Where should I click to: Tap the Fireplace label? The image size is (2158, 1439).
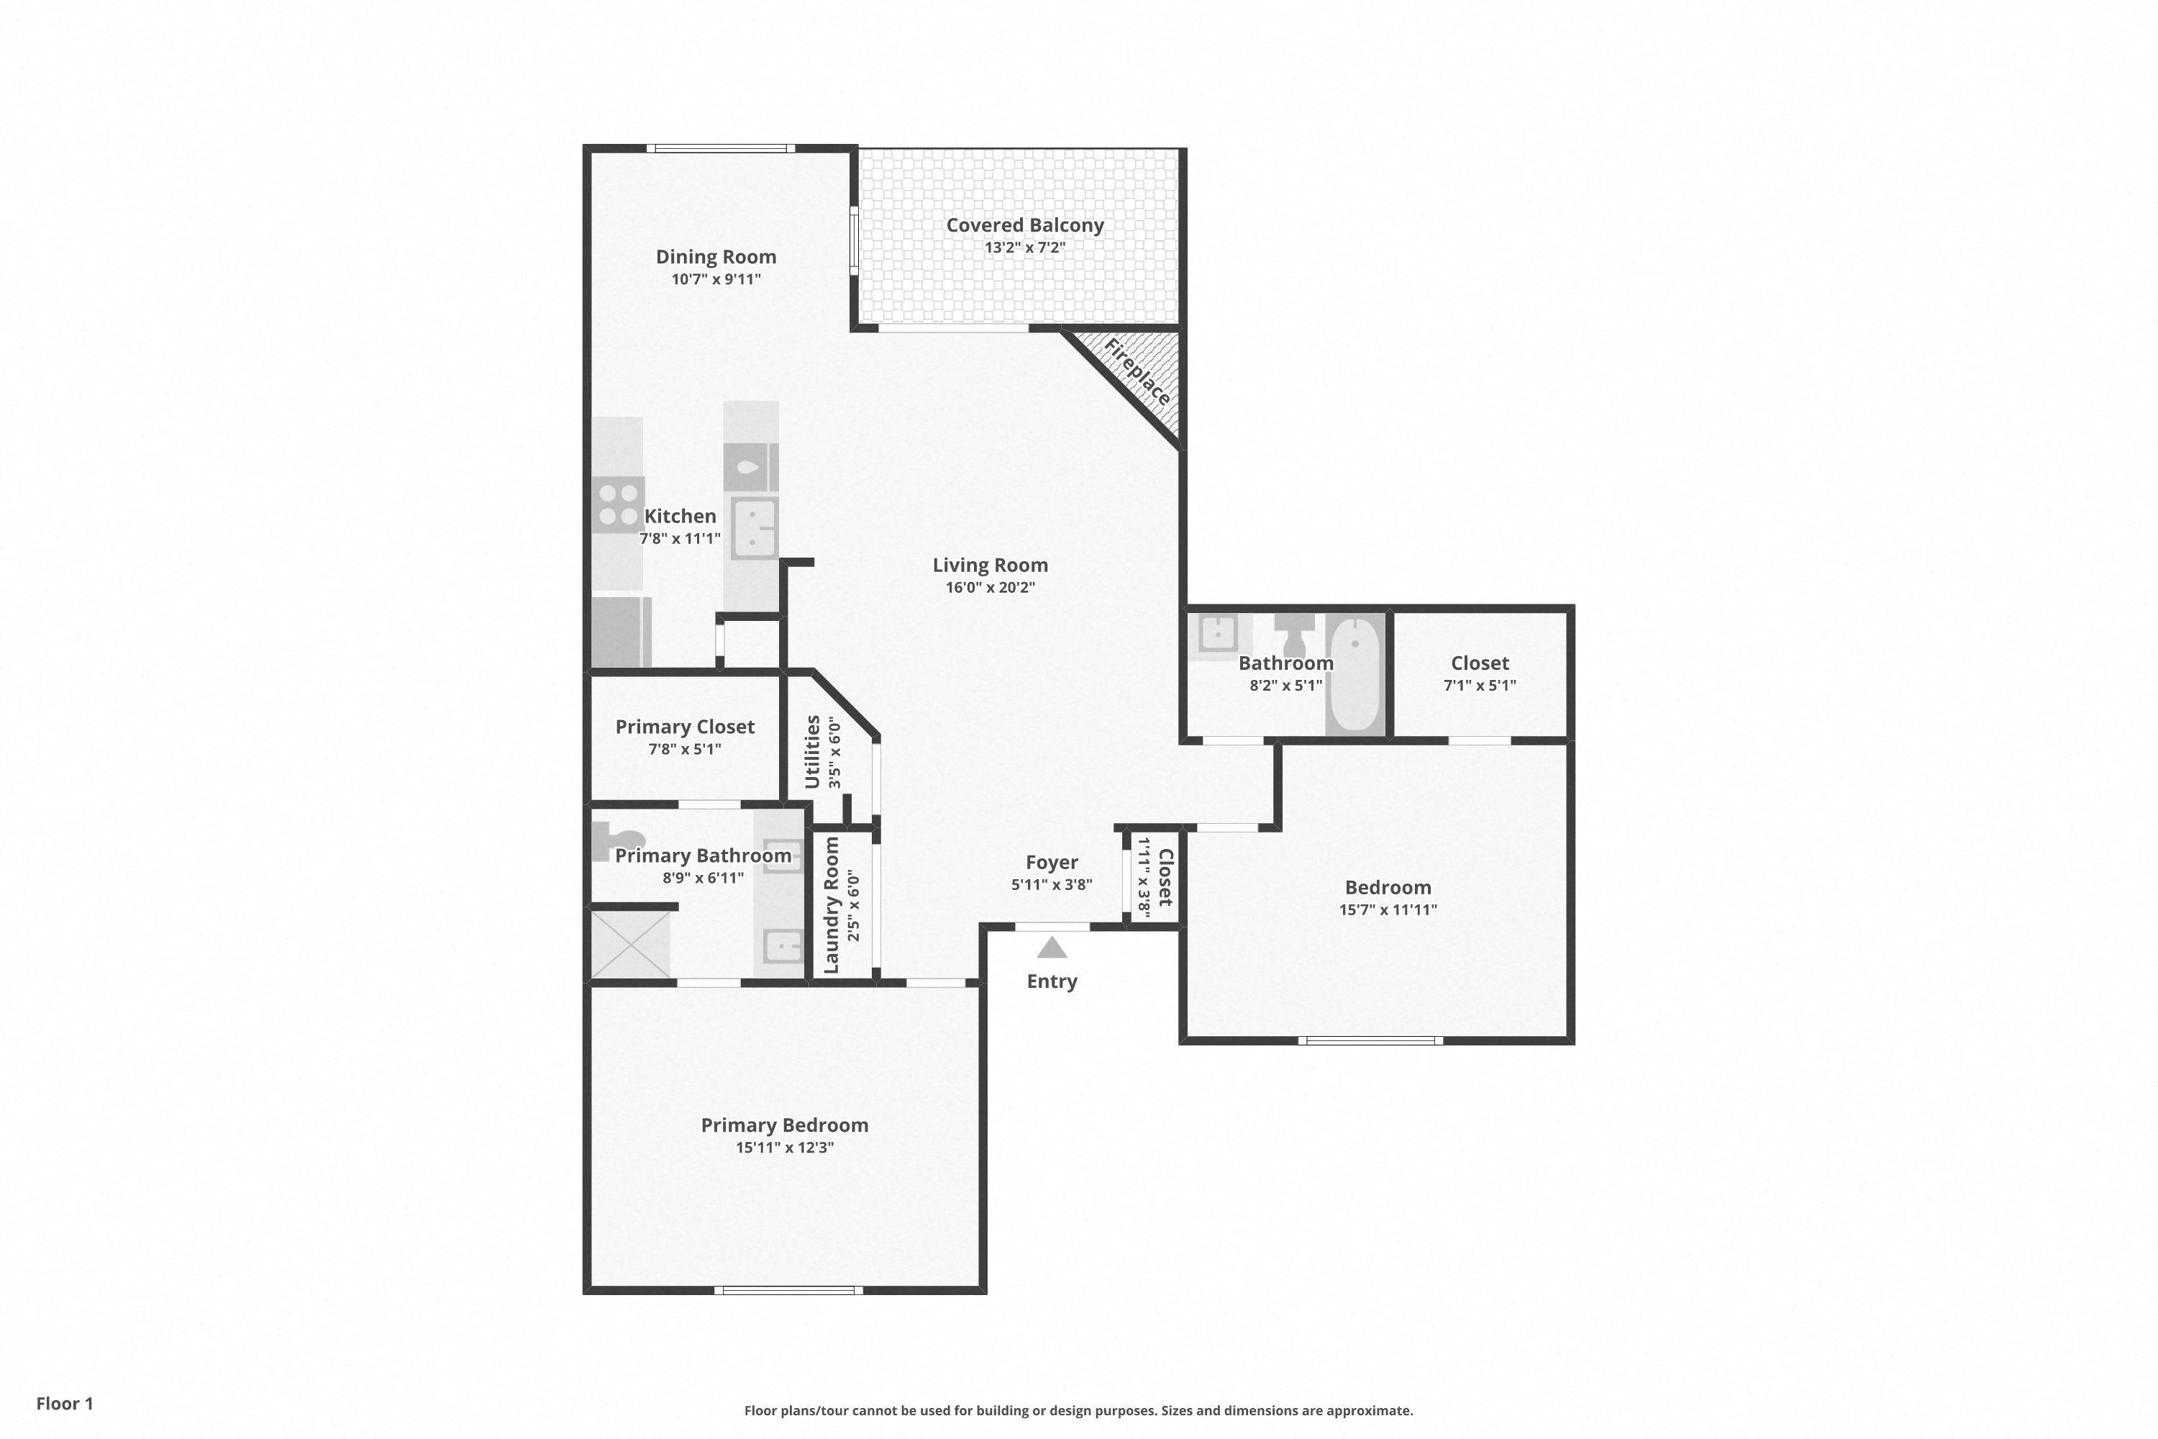tap(1138, 373)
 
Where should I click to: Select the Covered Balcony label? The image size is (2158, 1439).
tap(1025, 224)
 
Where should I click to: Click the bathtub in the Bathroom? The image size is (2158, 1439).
tap(1355, 675)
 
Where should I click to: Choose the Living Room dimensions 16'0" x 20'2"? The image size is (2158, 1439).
tap(990, 587)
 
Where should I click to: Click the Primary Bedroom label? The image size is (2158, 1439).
tap(785, 1125)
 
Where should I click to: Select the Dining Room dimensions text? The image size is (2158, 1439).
tap(716, 279)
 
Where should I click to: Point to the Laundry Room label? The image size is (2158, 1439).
tap(832, 905)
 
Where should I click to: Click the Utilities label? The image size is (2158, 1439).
tap(812, 752)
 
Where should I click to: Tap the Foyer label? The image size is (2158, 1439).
tap(1052, 863)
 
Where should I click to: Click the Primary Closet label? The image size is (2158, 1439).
tap(685, 727)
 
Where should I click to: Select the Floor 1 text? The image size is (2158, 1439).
tap(65, 1403)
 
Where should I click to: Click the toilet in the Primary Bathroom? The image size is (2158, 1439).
tap(617, 840)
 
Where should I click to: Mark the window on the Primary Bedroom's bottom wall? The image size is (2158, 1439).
tap(789, 1290)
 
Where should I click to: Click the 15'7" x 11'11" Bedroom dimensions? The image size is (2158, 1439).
tap(1388, 909)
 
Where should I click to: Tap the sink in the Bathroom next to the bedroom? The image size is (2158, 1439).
tap(1218, 633)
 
